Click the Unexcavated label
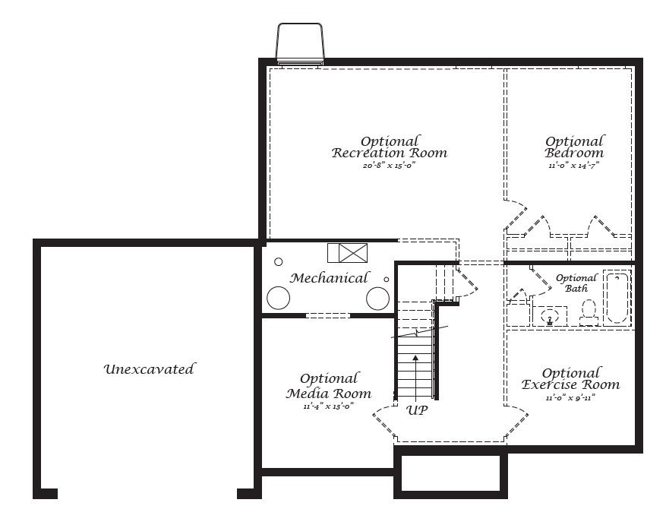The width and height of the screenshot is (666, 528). point(149,369)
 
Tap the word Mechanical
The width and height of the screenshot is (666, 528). point(329,278)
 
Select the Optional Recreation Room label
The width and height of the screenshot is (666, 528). point(390,147)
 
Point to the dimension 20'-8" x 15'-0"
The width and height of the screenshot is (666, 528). point(390,165)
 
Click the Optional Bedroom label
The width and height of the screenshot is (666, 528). point(575,147)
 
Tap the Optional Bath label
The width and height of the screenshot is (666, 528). point(576,283)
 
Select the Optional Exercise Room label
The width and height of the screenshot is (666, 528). point(571,378)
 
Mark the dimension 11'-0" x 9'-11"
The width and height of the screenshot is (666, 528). point(570,397)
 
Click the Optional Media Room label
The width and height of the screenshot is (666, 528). point(329,386)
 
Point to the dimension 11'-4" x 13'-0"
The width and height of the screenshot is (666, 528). point(328,406)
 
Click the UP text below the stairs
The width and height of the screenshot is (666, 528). point(417,410)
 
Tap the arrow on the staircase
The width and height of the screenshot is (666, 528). point(416,372)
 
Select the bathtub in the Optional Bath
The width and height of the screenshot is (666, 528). point(617,297)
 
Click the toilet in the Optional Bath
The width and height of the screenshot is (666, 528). point(589,311)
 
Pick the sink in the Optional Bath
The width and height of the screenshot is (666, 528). point(550,316)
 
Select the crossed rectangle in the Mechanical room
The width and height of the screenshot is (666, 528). point(347,253)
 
